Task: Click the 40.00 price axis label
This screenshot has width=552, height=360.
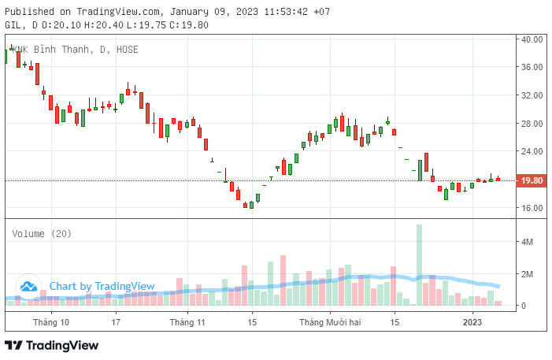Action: click(532, 39)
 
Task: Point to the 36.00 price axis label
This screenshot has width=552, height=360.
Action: click(532, 67)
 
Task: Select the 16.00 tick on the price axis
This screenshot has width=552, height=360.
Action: click(532, 208)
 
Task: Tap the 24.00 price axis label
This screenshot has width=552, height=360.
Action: click(532, 151)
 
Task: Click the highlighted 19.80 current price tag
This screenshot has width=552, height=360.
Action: click(532, 180)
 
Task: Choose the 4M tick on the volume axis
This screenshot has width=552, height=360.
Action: click(528, 242)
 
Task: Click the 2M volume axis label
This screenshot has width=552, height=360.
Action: click(528, 273)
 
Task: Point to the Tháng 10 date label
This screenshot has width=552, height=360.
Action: click(50, 322)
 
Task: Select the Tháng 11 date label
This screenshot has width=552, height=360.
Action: click(187, 322)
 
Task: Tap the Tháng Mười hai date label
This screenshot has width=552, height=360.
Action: click(330, 322)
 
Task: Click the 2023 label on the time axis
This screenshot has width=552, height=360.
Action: click(472, 322)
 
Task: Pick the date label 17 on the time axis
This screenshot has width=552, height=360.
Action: click(116, 322)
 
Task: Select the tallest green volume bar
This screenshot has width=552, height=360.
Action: click(419, 265)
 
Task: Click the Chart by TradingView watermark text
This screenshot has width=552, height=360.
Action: click(102, 286)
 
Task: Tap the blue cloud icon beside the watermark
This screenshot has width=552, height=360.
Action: click(29, 287)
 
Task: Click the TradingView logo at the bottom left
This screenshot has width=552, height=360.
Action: click(52, 345)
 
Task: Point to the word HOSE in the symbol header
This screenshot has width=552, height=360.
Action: click(127, 49)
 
